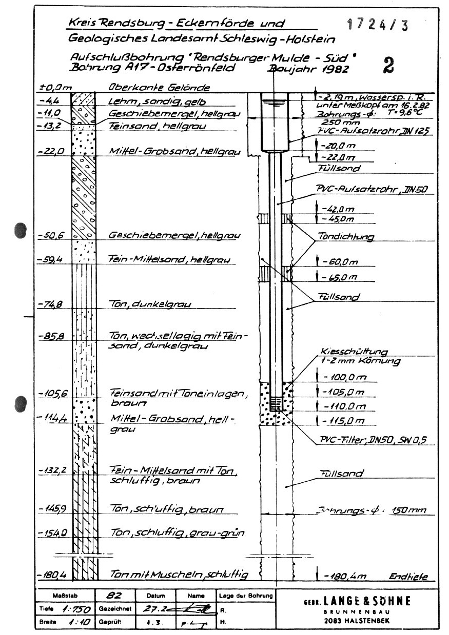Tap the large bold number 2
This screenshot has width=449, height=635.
click(x=388, y=65)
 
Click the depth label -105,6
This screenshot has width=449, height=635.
click(x=50, y=393)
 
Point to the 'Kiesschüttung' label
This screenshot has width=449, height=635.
click(x=354, y=352)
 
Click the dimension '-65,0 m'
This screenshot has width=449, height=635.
click(x=341, y=278)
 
